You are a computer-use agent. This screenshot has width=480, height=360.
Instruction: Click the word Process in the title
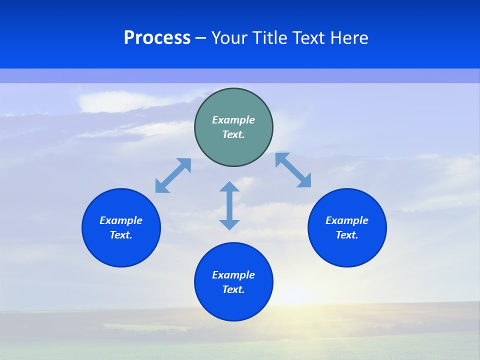click(x=157, y=38)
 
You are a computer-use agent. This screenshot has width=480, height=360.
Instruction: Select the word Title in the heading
click(x=272, y=38)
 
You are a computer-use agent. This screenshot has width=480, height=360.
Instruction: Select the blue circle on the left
click(x=121, y=227)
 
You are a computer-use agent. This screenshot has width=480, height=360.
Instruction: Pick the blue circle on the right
click(x=347, y=227)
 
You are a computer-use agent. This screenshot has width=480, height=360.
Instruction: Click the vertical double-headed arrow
click(x=229, y=205)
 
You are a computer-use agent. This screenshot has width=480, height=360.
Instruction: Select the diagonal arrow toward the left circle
click(x=173, y=175)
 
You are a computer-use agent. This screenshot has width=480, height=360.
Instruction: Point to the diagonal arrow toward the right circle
click(x=293, y=170)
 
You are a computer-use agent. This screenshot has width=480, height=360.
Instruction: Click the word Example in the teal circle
click(x=233, y=120)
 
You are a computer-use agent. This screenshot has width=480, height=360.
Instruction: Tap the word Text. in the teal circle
click(x=233, y=134)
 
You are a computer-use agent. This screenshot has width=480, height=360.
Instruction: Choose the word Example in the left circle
click(x=121, y=220)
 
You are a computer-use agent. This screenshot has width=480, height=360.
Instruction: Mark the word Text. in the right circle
click(x=347, y=235)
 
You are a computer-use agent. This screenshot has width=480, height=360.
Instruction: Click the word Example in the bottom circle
click(x=233, y=275)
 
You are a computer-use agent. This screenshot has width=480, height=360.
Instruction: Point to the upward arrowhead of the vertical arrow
click(x=229, y=186)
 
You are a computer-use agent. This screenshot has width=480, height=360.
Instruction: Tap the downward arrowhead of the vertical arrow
click(x=229, y=224)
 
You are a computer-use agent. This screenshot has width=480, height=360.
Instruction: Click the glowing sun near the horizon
click(x=295, y=296)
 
